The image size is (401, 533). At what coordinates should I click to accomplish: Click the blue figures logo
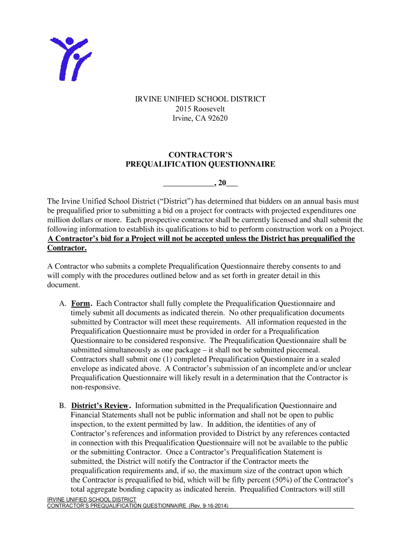[70, 58]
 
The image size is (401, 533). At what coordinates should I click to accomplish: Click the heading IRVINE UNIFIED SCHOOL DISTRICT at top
[200, 99]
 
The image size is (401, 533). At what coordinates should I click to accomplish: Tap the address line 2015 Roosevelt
[200, 109]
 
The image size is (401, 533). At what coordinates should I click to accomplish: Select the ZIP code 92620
[217, 119]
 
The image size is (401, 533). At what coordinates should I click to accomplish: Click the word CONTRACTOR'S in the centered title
[200, 155]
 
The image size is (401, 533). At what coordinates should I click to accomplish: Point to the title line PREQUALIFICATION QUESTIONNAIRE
[200, 164]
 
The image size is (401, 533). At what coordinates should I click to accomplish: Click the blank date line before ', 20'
[188, 183]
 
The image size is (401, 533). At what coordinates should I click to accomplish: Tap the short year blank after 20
[232, 183]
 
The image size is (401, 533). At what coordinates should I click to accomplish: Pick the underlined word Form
[81, 303]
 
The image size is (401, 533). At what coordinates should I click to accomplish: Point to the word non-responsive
[95, 388]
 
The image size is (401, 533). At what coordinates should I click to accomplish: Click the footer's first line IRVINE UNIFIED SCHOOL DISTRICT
[92, 500]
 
